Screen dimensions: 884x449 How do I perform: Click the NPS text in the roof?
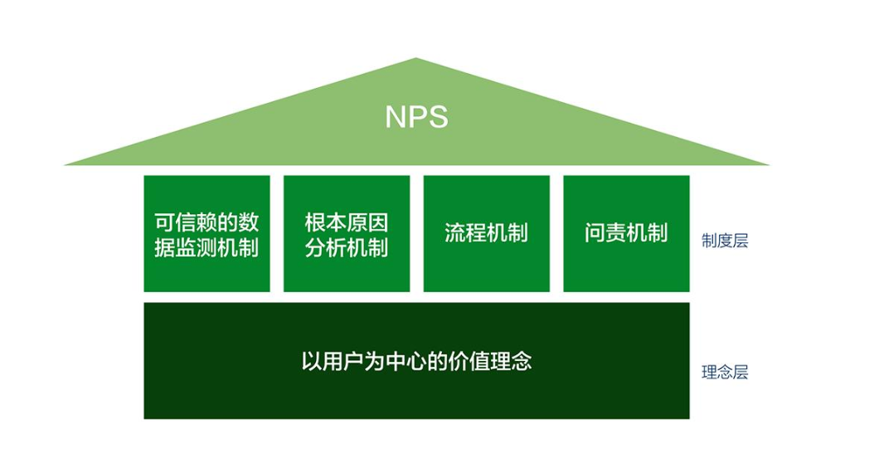(x=416, y=117)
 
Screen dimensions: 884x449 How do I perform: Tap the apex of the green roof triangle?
(x=416, y=58)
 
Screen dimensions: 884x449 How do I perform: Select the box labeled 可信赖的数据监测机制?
(x=207, y=233)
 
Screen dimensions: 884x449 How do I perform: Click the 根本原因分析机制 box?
(x=347, y=233)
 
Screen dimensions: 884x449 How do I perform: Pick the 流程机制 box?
(x=487, y=233)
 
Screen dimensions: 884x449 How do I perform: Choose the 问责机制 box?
(x=626, y=233)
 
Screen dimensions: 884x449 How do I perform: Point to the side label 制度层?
(x=725, y=241)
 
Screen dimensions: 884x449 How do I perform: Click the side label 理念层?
(x=725, y=373)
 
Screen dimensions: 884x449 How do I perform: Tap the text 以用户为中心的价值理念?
(x=416, y=361)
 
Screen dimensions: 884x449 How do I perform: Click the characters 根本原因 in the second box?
(x=347, y=222)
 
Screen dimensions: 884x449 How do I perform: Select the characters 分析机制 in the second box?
(x=347, y=247)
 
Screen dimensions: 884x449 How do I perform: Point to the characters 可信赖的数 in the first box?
(x=207, y=222)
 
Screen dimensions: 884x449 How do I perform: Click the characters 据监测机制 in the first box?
(x=207, y=247)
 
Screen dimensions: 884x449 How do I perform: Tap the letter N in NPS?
(x=396, y=117)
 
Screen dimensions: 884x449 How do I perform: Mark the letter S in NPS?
(x=440, y=117)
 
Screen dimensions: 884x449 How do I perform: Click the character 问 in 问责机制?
(x=595, y=233)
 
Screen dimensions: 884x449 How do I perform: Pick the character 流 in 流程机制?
(x=455, y=233)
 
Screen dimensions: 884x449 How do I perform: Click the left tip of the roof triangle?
(x=65, y=164)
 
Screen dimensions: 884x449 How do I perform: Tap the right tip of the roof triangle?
(x=769, y=164)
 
